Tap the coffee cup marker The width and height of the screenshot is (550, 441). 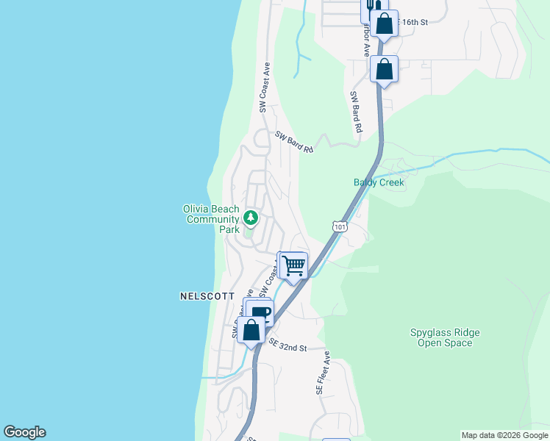click(262, 313)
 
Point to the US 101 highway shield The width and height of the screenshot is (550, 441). click(339, 228)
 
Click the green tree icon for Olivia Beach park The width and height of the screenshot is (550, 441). click(251, 218)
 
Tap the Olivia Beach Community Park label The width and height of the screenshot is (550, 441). click(211, 219)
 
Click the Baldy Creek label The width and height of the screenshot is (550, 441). click(379, 182)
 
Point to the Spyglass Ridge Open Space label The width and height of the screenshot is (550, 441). click(445, 337)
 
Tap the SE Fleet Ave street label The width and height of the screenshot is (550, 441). click(321, 373)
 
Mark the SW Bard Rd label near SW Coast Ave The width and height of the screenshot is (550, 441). click(295, 141)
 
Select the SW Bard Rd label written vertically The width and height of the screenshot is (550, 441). click(356, 112)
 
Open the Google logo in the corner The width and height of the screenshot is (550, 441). click(24, 432)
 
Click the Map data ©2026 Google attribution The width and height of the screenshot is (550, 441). click(504, 435)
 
